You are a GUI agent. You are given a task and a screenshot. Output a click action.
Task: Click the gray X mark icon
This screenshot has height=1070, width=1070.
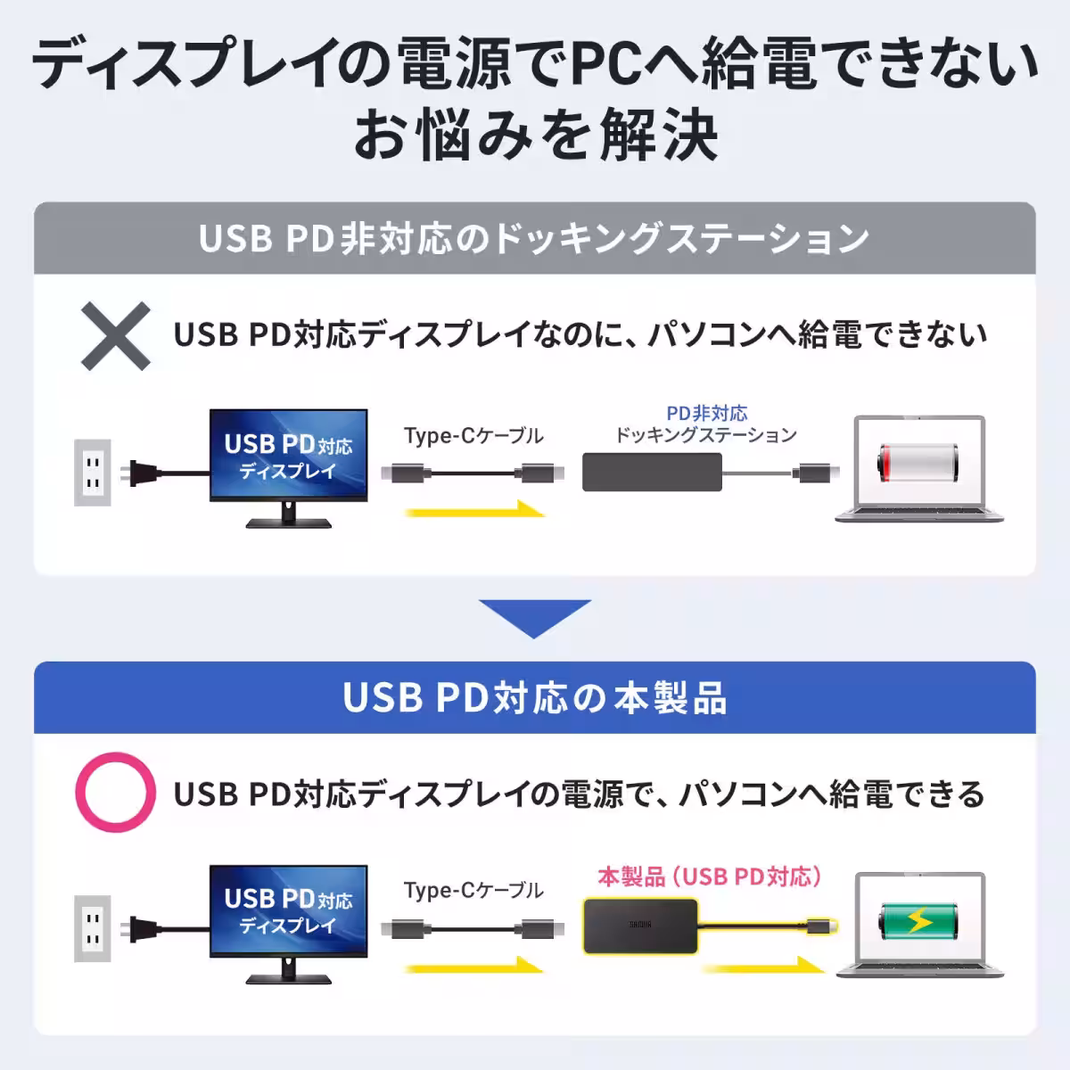coord(116,336)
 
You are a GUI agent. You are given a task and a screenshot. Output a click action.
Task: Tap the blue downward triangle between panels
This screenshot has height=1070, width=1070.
coord(535,618)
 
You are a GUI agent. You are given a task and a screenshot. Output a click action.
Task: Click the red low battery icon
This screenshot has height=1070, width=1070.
coord(918,463)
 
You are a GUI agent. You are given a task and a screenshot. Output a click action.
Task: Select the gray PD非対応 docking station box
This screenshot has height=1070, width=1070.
coord(652,472)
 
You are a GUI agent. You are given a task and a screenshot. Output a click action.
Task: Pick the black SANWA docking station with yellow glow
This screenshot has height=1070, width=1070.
coord(640,926)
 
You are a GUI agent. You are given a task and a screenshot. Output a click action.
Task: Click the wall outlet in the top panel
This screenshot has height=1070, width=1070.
coord(93,473)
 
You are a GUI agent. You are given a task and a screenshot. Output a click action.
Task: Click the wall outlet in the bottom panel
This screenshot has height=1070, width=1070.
coord(93,928)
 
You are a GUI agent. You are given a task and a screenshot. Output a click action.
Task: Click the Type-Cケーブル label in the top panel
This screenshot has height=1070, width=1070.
coord(473,435)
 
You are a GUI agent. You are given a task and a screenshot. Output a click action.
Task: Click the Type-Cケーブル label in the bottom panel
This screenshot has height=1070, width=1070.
coord(473,890)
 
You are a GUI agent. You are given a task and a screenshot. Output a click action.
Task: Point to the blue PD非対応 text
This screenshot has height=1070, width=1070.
coord(706,413)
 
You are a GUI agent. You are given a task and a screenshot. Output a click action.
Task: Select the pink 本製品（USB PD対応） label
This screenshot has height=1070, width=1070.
coord(709,877)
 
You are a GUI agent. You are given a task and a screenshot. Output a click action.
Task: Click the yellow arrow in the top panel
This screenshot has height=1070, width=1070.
coord(475,510)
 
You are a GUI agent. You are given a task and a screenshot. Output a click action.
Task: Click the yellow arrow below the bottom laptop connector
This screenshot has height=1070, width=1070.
coord(763,967)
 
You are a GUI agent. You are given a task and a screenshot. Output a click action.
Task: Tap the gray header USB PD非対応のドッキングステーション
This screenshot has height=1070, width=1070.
coord(534,238)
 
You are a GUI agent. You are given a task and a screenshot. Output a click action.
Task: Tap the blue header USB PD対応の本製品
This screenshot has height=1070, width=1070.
coord(534,697)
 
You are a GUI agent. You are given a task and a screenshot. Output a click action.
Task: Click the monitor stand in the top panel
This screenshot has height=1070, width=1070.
coord(289,516)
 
